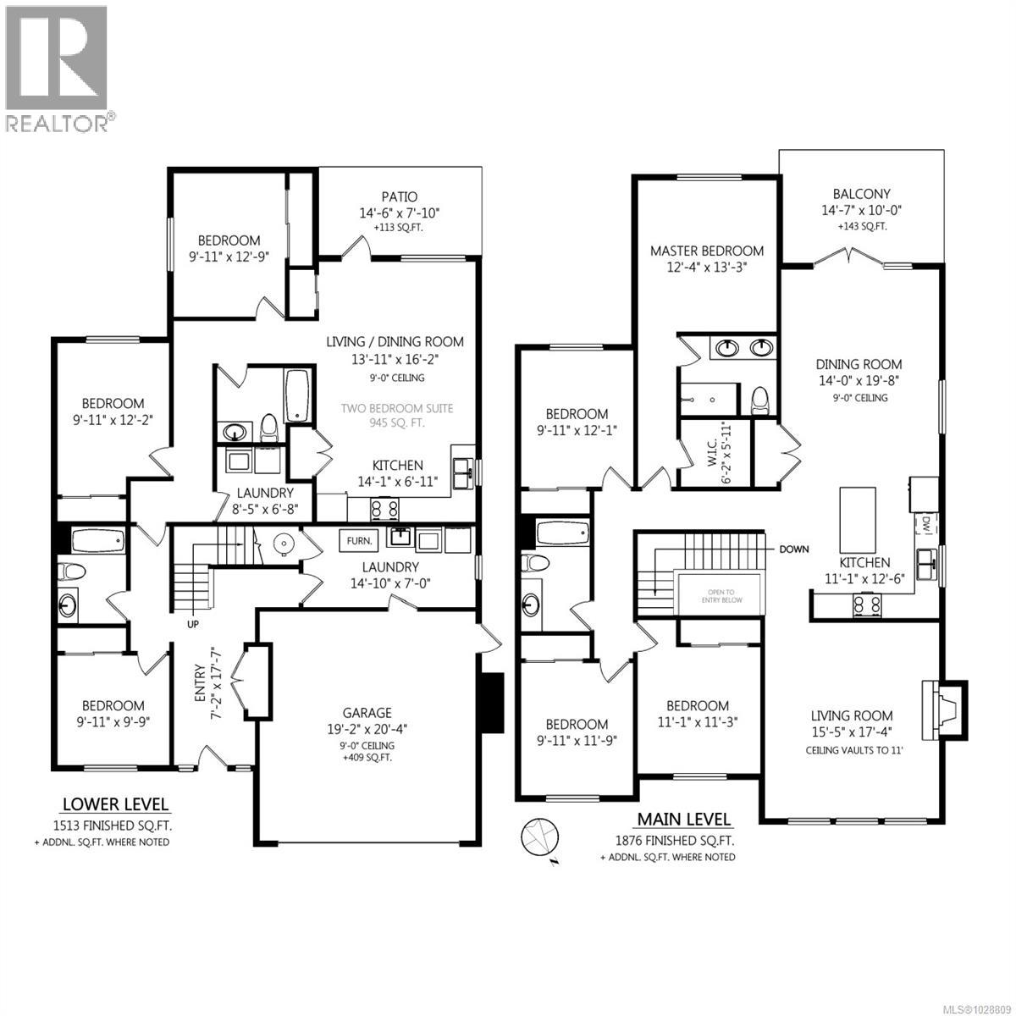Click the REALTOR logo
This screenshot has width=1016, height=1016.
58,68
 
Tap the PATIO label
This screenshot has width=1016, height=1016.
399,197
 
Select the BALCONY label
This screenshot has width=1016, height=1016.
860,194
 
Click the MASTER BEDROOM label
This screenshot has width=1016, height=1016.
706,251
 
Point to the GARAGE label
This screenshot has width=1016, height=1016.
367,714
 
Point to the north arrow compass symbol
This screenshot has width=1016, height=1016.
539,837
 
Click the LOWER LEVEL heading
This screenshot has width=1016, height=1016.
115,804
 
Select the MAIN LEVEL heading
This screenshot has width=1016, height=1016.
682,819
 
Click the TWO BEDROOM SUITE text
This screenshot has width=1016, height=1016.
396,408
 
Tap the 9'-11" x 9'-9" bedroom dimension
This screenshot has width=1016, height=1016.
113,722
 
